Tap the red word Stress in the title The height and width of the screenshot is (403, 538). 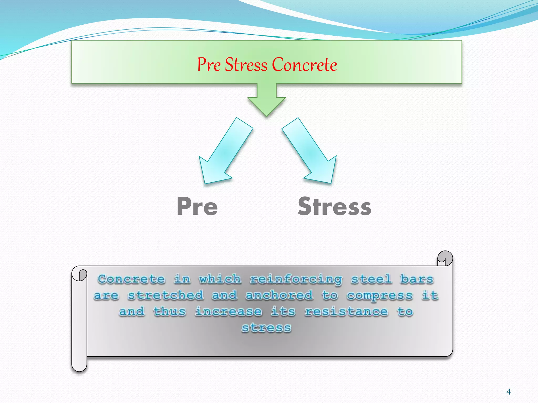pyautogui.click(x=246, y=65)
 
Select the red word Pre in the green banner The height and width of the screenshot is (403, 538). pyautogui.click(x=209, y=65)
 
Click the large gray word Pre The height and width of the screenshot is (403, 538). pyautogui.click(x=197, y=207)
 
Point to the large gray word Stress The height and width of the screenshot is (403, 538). pyautogui.click(x=334, y=207)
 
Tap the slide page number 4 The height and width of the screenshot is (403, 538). pyautogui.click(x=509, y=392)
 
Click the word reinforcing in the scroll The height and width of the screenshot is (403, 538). pyautogui.click(x=296, y=279)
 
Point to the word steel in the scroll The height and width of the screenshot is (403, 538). pyautogui.click(x=371, y=279)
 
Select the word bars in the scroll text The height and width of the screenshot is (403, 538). pyautogui.click(x=417, y=279)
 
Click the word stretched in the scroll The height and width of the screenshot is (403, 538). pyautogui.click(x=165, y=295)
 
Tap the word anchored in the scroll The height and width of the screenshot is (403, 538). pyautogui.click(x=279, y=295)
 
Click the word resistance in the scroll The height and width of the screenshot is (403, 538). pyautogui.click(x=346, y=312)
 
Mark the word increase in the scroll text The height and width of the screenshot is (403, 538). pyautogui.click(x=228, y=312)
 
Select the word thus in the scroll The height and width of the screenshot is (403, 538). pyautogui.click(x=170, y=312)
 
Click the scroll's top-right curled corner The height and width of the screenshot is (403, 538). pyautogui.click(x=445, y=258)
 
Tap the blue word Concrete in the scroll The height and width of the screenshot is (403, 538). pyautogui.click(x=131, y=279)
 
